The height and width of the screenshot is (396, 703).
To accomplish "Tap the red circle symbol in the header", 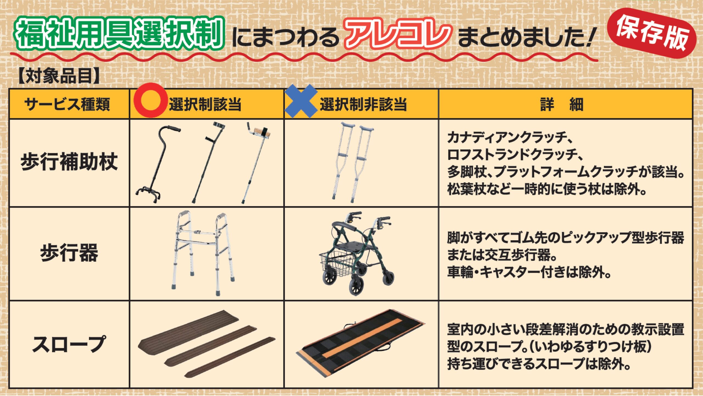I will pyautogui.click(x=151, y=100).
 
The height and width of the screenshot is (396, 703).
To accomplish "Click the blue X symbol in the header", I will pyautogui.click(x=301, y=101).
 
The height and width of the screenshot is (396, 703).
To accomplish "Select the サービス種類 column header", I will pyautogui.click(x=67, y=104).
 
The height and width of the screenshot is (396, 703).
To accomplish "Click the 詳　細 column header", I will pyautogui.click(x=562, y=104).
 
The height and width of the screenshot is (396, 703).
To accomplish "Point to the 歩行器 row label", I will pyautogui.click(x=69, y=253).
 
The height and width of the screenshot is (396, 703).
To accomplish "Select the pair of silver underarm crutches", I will pyautogui.click(x=353, y=162).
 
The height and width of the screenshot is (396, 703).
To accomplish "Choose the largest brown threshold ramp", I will pyautogui.click(x=189, y=329).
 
